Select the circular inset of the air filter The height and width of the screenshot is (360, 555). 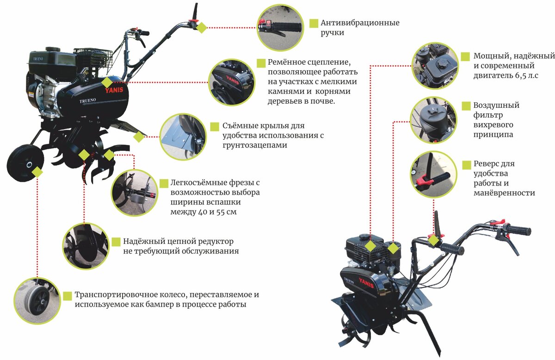click(x=433, y=119)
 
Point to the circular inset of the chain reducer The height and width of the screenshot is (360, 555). click(x=86, y=246)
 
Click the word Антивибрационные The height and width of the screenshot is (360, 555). click(x=360, y=23)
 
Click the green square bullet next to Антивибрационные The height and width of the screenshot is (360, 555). click(x=314, y=23)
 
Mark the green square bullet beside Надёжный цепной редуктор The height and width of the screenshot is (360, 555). click(x=116, y=242)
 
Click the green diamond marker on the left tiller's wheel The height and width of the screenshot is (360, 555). click(x=37, y=172)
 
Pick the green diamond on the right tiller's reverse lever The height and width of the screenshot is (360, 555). click(x=433, y=240)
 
